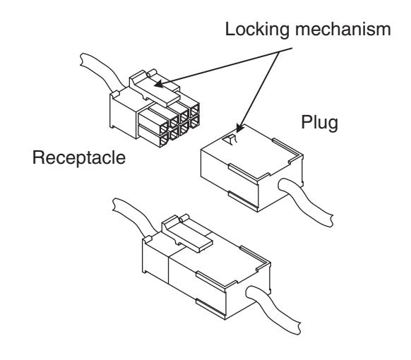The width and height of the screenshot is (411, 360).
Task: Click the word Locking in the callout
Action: [x=257, y=30]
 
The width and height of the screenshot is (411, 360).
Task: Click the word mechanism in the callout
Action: [x=343, y=29]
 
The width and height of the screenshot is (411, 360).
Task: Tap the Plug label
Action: [x=319, y=122]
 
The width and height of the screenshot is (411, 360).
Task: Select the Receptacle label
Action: [x=79, y=157]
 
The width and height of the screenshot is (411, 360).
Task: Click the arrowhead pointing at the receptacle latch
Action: [x=159, y=84]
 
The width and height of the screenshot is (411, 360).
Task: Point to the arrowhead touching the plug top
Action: [x=239, y=128]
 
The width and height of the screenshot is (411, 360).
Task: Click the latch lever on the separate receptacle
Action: [x=154, y=88]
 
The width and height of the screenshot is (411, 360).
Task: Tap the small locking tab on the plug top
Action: [x=230, y=140]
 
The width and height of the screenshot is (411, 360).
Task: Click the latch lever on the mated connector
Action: [x=186, y=233]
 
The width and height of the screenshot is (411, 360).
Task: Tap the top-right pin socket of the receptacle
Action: [x=194, y=110]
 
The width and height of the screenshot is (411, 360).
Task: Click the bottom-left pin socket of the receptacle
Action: [x=164, y=140]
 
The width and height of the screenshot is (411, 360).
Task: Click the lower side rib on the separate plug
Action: [x=243, y=201]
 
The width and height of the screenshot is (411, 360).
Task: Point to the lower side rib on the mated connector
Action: [x=210, y=309]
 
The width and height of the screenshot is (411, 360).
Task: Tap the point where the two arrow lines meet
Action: [x=280, y=52]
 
